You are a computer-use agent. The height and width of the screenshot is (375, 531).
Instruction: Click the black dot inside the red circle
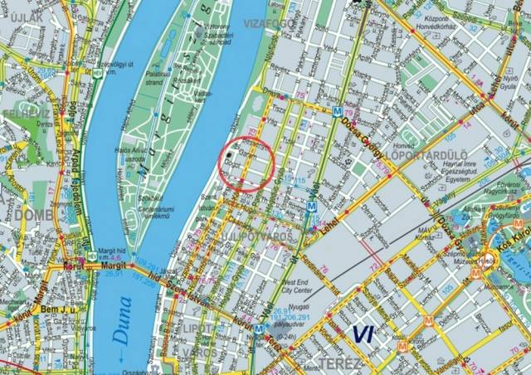point(231,156)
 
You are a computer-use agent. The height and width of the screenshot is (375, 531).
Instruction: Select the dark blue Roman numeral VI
point(363,334)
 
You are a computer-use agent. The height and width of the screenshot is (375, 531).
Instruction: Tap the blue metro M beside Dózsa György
point(337,111)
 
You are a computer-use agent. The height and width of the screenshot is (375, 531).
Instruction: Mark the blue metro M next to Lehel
point(310,207)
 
